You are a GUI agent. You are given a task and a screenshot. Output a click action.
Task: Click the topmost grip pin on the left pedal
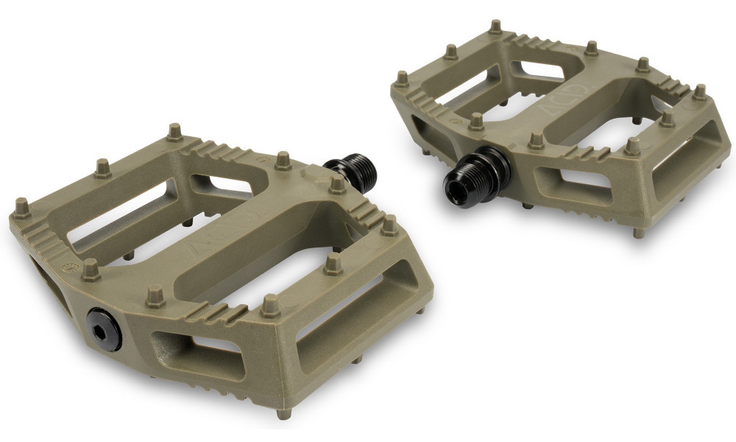pyautogui.click(x=174, y=131)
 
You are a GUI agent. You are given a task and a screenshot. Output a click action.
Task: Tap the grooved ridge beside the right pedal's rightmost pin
pyautogui.click(x=673, y=103)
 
